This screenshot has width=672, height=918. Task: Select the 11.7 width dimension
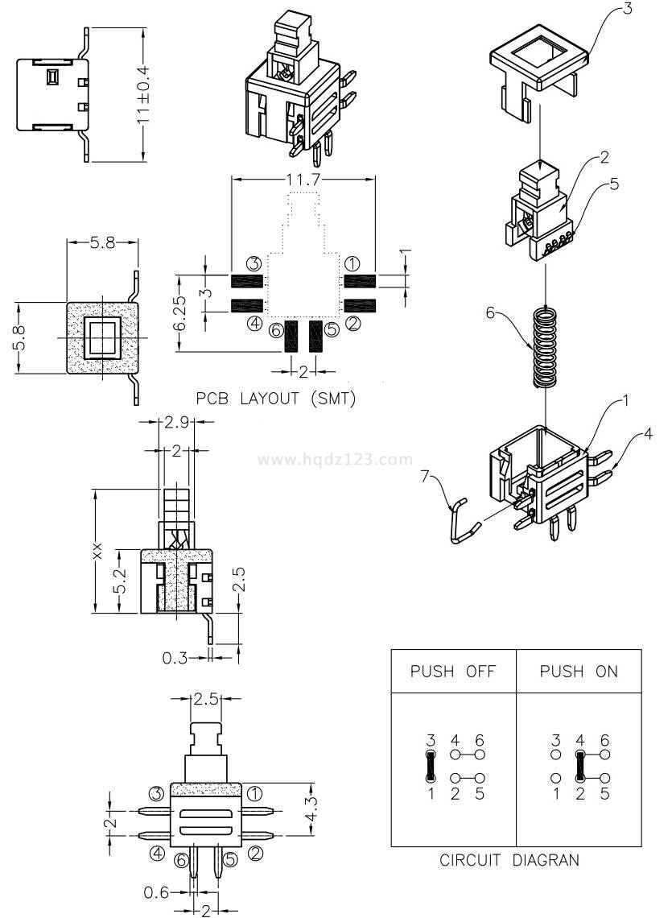click(x=303, y=180)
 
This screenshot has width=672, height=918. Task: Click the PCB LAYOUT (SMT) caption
click(x=275, y=399)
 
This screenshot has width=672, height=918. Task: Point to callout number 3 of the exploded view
click(x=628, y=10)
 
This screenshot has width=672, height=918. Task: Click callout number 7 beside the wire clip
click(x=427, y=477)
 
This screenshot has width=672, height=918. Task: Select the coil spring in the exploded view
click(x=544, y=347)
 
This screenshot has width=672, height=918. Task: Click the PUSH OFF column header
click(x=452, y=672)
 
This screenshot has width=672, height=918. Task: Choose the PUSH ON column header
click(x=579, y=672)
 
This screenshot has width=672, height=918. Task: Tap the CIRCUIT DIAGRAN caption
click(x=509, y=861)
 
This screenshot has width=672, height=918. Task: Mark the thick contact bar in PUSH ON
click(x=579, y=767)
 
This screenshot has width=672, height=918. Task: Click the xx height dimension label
click(x=97, y=552)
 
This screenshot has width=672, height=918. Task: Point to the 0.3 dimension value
click(x=176, y=658)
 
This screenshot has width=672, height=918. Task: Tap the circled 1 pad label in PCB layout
click(x=352, y=263)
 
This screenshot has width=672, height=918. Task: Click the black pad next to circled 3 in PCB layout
click(x=248, y=281)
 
